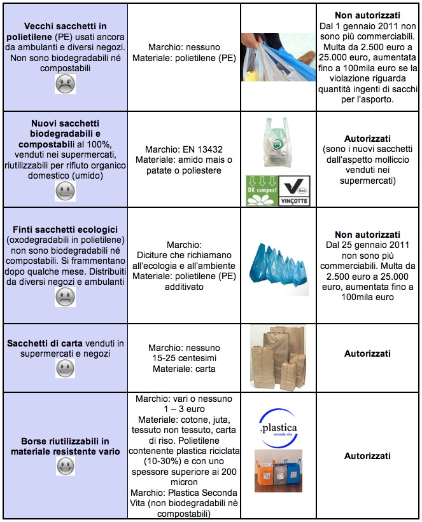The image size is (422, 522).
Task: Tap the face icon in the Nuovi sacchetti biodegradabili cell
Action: coord(65,189)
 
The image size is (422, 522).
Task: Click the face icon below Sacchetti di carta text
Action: coord(65,367)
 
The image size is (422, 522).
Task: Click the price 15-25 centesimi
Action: coord(184,358)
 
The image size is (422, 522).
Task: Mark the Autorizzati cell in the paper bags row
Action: coord(367,353)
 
